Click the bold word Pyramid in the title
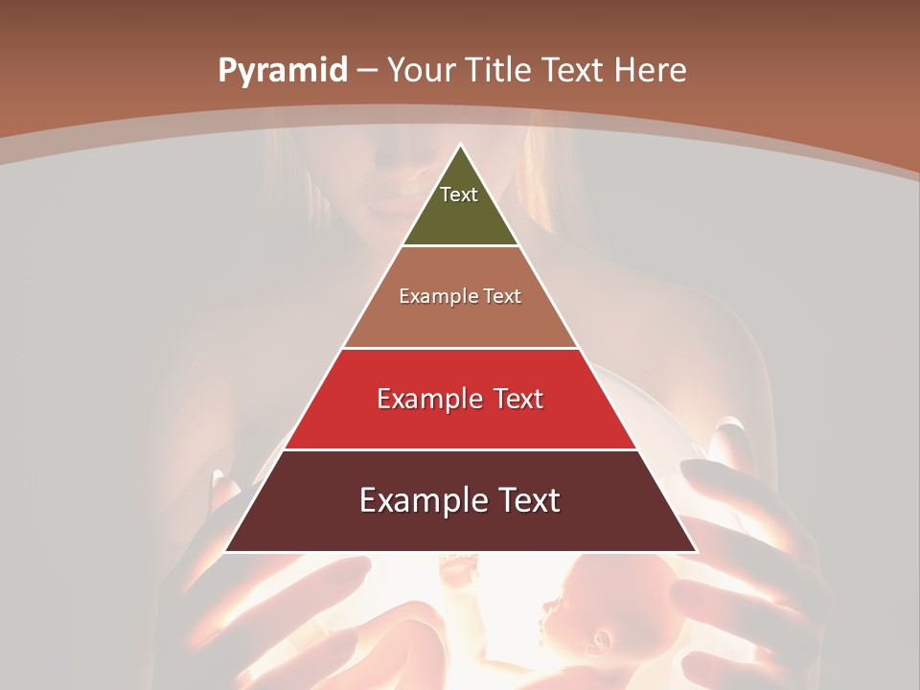[x=282, y=71]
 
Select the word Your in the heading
[x=423, y=70]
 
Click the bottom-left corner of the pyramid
[x=226, y=551]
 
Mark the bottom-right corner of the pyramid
[x=696, y=551]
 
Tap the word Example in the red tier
[x=427, y=399]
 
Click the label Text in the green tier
[x=458, y=195]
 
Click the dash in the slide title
[x=367, y=71]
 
